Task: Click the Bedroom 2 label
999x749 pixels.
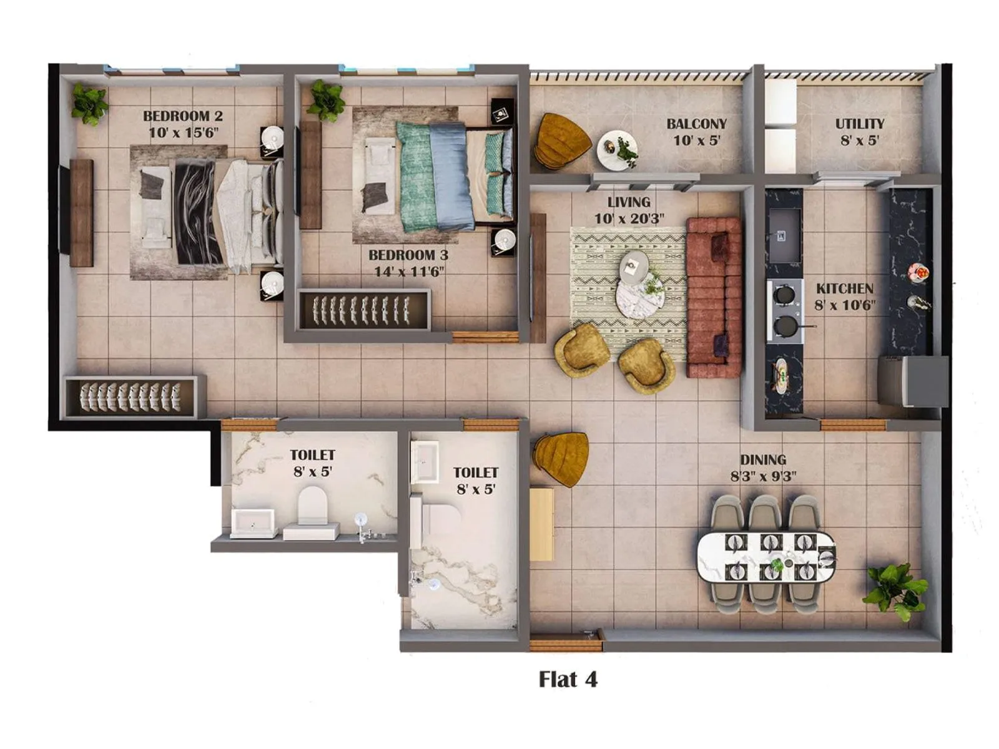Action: [x=182, y=116]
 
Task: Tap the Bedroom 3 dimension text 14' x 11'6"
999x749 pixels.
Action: [x=409, y=272]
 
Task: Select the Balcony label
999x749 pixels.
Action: [x=696, y=124]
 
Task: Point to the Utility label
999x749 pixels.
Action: [x=860, y=124]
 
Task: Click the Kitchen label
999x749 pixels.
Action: [x=844, y=288]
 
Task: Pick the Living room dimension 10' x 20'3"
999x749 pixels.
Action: [x=629, y=218]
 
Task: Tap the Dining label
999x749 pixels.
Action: [x=762, y=460]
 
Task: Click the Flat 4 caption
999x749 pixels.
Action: [x=568, y=679]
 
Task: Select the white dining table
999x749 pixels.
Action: [x=765, y=556]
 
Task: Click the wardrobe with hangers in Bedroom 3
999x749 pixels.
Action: [x=363, y=310]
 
